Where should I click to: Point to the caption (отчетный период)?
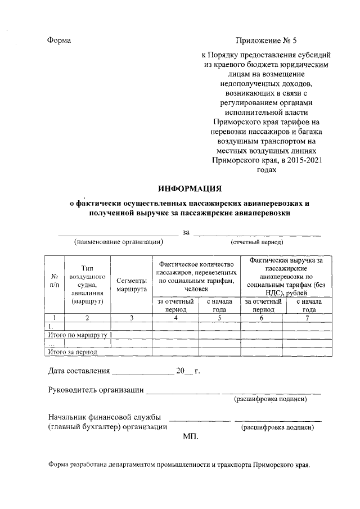click(x=256, y=242)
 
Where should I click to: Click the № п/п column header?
click(x=55, y=281)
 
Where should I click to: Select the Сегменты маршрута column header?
click(x=132, y=285)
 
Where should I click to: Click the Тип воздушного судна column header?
click(x=87, y=285)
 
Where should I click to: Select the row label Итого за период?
click(x=73, y=352)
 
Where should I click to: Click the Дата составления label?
click(x=78, y=371)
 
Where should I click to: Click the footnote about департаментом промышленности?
click(x=179, y=465)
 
